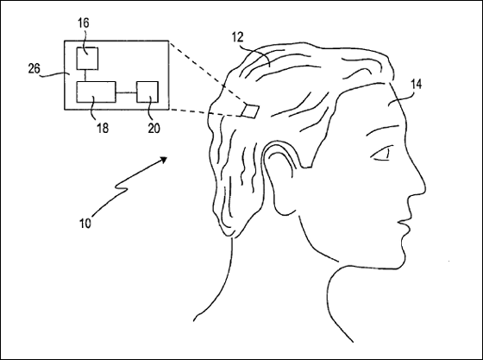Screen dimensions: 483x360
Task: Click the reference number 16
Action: (84, 23)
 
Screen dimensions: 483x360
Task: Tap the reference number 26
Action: (34, 68)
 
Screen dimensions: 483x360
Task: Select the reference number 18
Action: (103, 128)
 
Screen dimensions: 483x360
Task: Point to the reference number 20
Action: (154, 129)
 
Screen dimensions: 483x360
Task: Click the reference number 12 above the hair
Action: (237, 37)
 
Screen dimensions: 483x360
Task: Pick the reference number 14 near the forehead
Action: (416, 84)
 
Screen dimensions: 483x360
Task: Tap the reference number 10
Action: (85, 223)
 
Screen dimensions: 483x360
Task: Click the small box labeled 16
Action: (87, 59)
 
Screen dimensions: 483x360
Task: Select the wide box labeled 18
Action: (96, 92)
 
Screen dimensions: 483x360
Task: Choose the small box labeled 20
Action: (147, 92)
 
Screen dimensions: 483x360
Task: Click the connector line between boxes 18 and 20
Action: (126, 92)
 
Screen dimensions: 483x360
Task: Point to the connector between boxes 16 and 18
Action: (85, 75)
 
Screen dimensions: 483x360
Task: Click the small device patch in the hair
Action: (250, 111)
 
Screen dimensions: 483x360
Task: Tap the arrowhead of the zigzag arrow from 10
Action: (163, 160)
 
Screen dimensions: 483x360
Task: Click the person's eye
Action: (380, 155)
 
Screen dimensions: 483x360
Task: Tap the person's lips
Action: (405, 228)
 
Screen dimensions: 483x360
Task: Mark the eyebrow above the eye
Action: (383, 129)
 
